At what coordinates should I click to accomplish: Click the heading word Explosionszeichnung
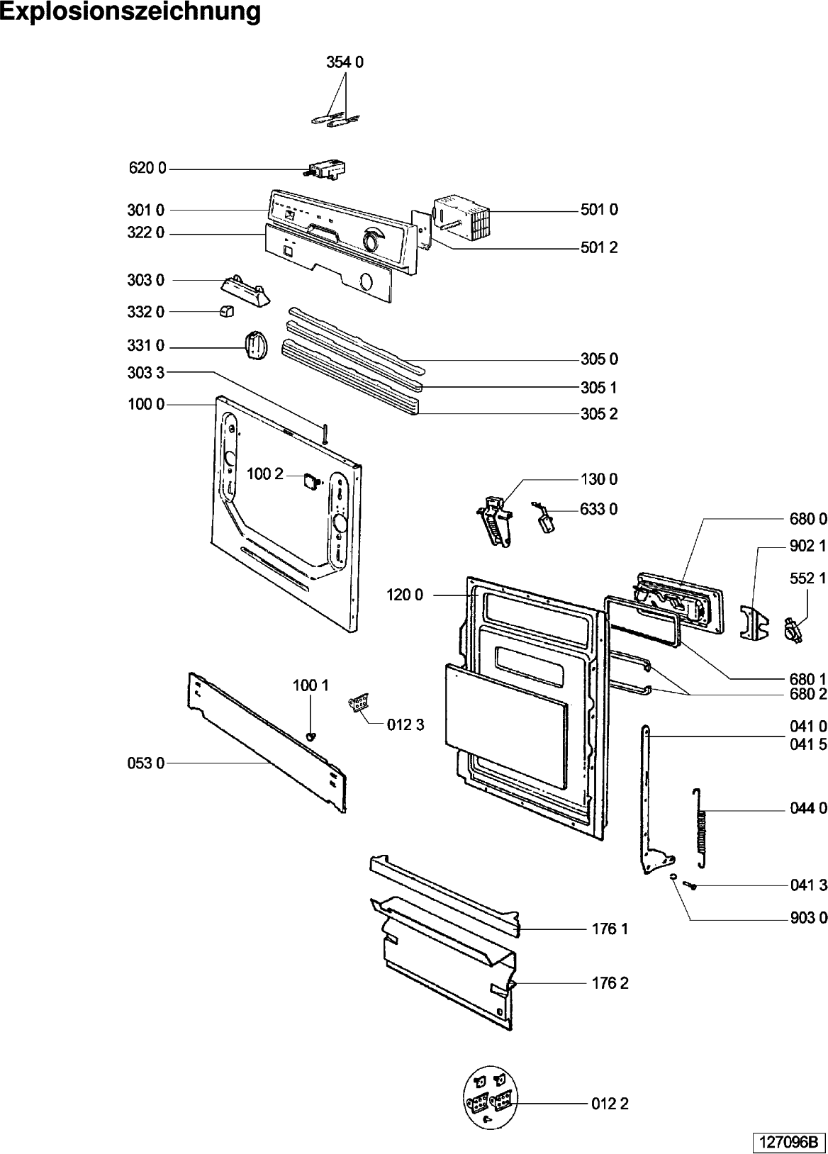click(130, 12)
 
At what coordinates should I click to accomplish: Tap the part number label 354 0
click(345, 62)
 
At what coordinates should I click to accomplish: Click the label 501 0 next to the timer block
click(599, 210)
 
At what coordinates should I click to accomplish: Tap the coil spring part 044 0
click(702, 827)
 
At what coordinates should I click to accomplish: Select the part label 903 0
click(808, 918)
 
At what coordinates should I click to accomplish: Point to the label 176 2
click(610, 983)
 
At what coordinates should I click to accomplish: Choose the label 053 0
click(146, 763)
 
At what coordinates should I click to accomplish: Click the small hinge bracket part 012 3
click(359, 705)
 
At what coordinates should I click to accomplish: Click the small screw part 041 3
click(690, 885)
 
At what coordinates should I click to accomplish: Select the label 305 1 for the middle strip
click(599, 388)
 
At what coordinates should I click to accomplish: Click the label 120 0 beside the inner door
click(405, 595)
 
